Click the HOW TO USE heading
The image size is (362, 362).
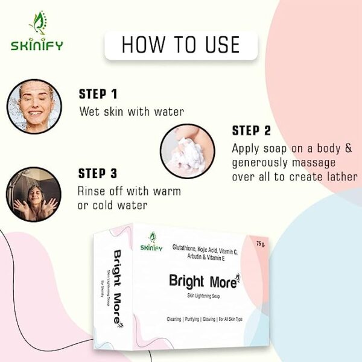[x=181, y=45]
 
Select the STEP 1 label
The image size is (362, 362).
[x=98, y=94]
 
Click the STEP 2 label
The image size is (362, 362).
[x=252, y=131]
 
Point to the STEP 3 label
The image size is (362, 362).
[x=97, y=174]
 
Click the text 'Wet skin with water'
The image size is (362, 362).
[x=132, y=112]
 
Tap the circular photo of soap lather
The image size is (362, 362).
[x=187, y=151]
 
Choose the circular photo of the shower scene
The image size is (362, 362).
[x=34, y=194]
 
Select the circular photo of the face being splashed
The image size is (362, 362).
[x=34, y=106]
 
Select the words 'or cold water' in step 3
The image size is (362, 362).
[x=113, y=205]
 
